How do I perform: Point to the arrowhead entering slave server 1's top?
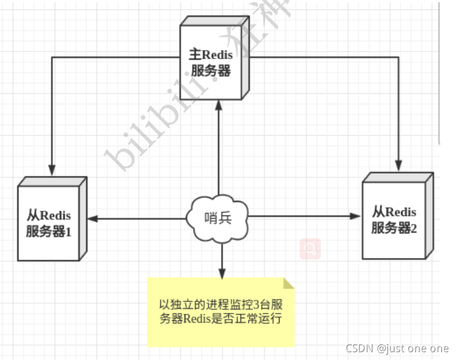pos(52,169)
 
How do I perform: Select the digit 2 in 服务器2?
pos(414,228)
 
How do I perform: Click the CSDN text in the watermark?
pos(359,348)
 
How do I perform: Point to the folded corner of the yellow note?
pos(288,283)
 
